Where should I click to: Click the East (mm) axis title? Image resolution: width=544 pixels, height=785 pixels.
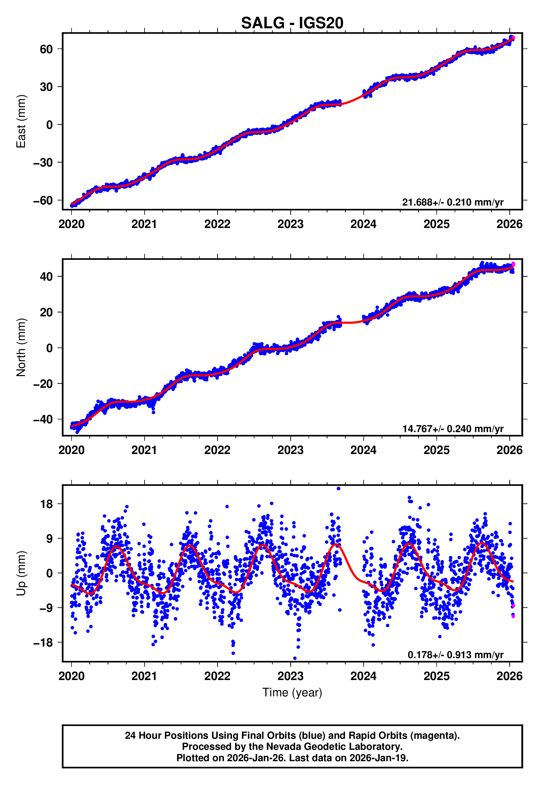click(21, 121)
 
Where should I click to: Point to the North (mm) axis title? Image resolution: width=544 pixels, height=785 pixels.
click(21, 347)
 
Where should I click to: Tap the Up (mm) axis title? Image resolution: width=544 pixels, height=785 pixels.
click(21, 573)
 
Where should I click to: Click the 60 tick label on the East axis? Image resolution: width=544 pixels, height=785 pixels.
click(46, 49)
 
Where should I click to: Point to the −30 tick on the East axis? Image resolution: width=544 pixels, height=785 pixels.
click(43, 162)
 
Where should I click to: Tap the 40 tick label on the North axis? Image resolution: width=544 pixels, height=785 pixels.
click(46, 276)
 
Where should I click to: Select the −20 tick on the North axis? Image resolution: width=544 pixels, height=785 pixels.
click(43, 384)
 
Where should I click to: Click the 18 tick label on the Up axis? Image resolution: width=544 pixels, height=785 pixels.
click(46, 504)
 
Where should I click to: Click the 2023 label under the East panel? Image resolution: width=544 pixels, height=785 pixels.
click(290, 224)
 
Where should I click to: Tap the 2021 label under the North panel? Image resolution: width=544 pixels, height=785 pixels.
click(144, 450)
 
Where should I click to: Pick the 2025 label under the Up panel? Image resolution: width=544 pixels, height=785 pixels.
click(436, 676)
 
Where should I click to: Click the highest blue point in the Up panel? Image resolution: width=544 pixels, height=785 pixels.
click(338, 489)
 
